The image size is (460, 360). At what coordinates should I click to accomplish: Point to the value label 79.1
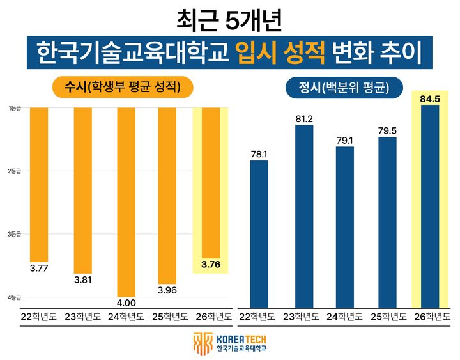pos(345,139)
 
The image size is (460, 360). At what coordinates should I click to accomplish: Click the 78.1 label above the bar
pos(259,153)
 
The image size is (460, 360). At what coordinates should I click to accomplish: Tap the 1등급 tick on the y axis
pos(15,108)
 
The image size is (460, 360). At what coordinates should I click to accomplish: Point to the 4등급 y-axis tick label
pos(15,297)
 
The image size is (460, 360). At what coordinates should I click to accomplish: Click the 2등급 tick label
pos(15,171)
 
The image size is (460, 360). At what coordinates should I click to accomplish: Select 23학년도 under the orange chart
pos(83,317)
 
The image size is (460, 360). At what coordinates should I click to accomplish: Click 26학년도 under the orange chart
pos(211,317)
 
